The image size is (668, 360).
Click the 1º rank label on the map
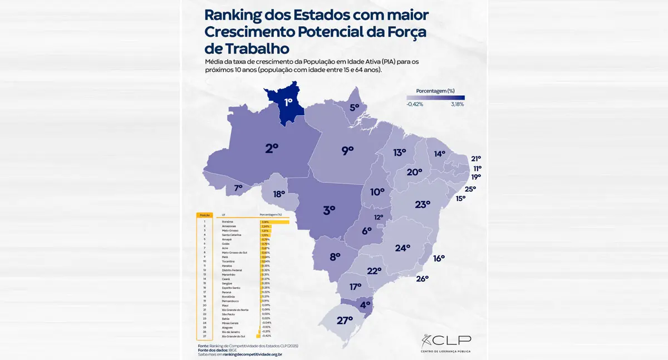(288, 102)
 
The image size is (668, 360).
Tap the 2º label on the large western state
(272, 149)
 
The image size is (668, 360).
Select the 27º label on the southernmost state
(345, 320)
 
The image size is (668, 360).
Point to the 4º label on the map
(365, 305)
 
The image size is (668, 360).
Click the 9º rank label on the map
(347, 150)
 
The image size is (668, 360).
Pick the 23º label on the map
(423, 204)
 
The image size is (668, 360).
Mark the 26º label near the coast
(423, 279)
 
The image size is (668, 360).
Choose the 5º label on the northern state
(354, 107)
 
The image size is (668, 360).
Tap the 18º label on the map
(279, 195)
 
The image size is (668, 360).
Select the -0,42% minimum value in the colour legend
(415, 104)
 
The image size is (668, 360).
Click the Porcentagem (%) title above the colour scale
(435, 90)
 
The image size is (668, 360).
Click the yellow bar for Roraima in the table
(275, 222)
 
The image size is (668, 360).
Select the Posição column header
(205, 214)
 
